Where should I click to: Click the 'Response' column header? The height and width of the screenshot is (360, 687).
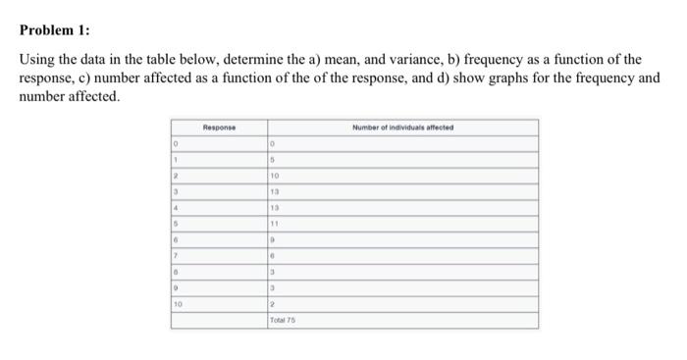(x=219, y=128)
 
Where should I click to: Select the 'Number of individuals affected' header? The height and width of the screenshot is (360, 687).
(x=402, y=128)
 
